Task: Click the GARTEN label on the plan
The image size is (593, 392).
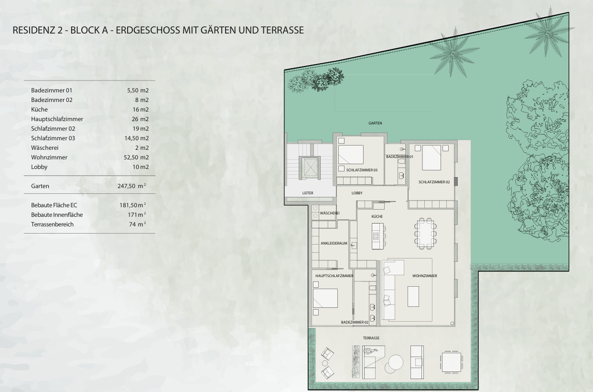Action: tap(375, 123)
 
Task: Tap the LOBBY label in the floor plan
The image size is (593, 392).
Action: tap(357, 193)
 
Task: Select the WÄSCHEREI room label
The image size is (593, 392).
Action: tap(330, 213)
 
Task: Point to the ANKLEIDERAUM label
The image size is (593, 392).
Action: tap(334, 243)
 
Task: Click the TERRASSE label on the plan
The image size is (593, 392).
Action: tap(371, 338)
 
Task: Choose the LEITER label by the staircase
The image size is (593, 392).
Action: tap(308, 193)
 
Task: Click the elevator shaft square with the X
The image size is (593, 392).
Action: tap(310, 167)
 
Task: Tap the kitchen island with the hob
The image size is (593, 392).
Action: tap(377, 236)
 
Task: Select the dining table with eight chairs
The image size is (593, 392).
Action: tap(425, 234)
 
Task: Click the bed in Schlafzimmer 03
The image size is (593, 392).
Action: tap(351, 155)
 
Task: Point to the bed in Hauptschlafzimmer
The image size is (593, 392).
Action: tap(325, 298)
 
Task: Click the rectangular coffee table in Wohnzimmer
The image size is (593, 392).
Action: tap(413, 296)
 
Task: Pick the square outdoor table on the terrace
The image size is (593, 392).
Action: tap(452, 362)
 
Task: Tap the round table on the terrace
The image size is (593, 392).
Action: tap(396, 362)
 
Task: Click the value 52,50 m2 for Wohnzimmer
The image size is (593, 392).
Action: tap(136, 157)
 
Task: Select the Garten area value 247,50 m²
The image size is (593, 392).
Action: tap(131, 186)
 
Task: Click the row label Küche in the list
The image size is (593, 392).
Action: tap(40, 109)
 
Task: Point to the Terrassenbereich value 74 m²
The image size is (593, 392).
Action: tap(138, 224)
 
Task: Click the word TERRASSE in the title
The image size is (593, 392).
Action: tap(282, 30)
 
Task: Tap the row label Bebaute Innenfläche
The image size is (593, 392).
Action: tap(57, 214)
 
